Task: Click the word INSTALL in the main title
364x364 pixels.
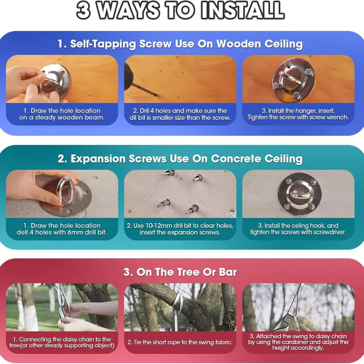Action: tap(243, 11)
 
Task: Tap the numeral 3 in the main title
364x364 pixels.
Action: tap(84, 11)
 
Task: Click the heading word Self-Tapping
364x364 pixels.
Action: tap(103, 44)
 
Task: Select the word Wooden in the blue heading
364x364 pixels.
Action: tap(239, 44)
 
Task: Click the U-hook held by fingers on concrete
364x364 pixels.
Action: tap(67, 189)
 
